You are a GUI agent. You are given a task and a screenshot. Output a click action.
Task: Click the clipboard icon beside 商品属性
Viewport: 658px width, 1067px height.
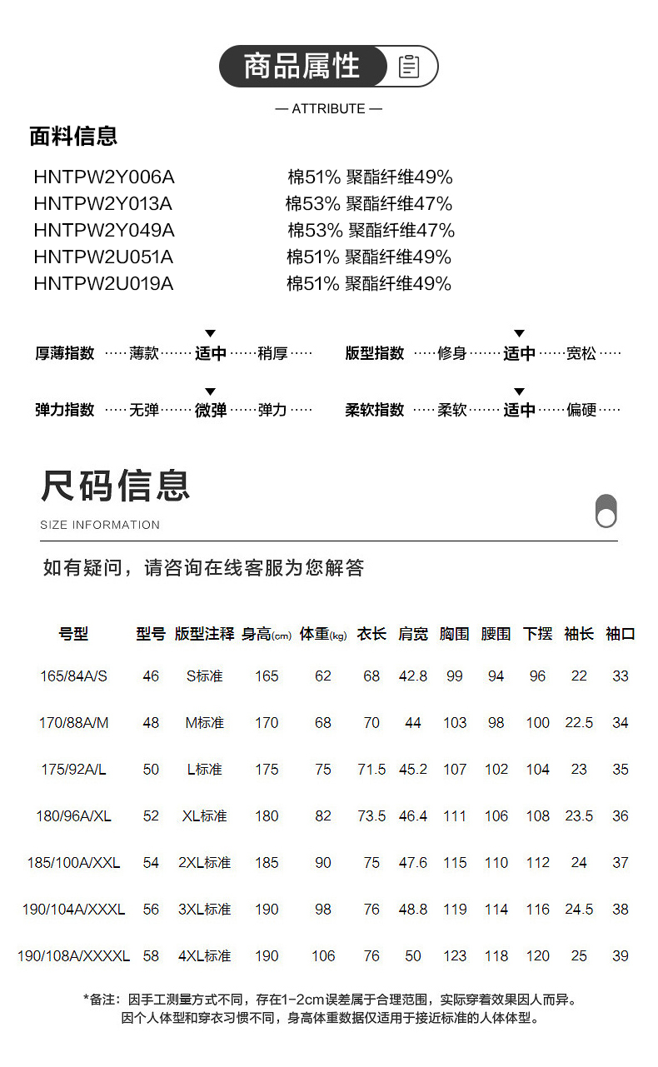(409, 67)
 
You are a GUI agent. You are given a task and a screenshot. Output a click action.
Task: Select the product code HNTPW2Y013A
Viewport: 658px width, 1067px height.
(103, 204)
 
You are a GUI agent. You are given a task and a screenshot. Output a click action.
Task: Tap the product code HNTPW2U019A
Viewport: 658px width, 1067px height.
(103, 284)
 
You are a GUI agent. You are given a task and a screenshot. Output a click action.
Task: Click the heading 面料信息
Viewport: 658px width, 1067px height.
(73, 137)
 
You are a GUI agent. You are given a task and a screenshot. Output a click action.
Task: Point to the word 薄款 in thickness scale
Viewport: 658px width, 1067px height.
(144, 354)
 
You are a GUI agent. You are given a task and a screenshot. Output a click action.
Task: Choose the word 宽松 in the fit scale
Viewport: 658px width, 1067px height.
(581, 354)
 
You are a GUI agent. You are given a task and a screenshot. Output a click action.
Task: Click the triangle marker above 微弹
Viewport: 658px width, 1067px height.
(211, 391)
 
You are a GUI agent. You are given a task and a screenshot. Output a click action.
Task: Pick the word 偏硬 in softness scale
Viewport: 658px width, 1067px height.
(581, 411)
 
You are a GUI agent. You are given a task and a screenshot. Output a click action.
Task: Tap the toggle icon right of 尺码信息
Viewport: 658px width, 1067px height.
(606, 511)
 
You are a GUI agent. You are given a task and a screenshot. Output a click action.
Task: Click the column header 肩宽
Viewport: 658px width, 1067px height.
(412, 634)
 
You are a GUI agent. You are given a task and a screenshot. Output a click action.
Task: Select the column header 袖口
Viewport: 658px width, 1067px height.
(621, 634)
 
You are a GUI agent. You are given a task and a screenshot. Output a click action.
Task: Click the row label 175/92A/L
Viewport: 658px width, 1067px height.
(73, 770)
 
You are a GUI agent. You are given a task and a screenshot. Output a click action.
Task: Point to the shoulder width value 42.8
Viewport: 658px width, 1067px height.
(412, 676)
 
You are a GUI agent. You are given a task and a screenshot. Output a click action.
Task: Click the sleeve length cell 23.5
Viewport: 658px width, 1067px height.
(579, 816)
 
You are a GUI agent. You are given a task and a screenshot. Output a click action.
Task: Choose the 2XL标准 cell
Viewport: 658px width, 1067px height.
(205, 863)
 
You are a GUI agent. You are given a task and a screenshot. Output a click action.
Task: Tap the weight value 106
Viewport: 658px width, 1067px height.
(323, 956)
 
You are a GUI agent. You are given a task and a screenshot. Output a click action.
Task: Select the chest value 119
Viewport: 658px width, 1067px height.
(455, 910)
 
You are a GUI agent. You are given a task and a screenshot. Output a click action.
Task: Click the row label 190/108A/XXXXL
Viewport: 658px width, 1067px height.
(73, 956)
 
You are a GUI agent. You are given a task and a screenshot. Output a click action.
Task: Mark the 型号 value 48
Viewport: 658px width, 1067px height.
(151, 723)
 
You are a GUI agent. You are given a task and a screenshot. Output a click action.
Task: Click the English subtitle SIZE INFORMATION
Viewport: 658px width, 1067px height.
(100, 525)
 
